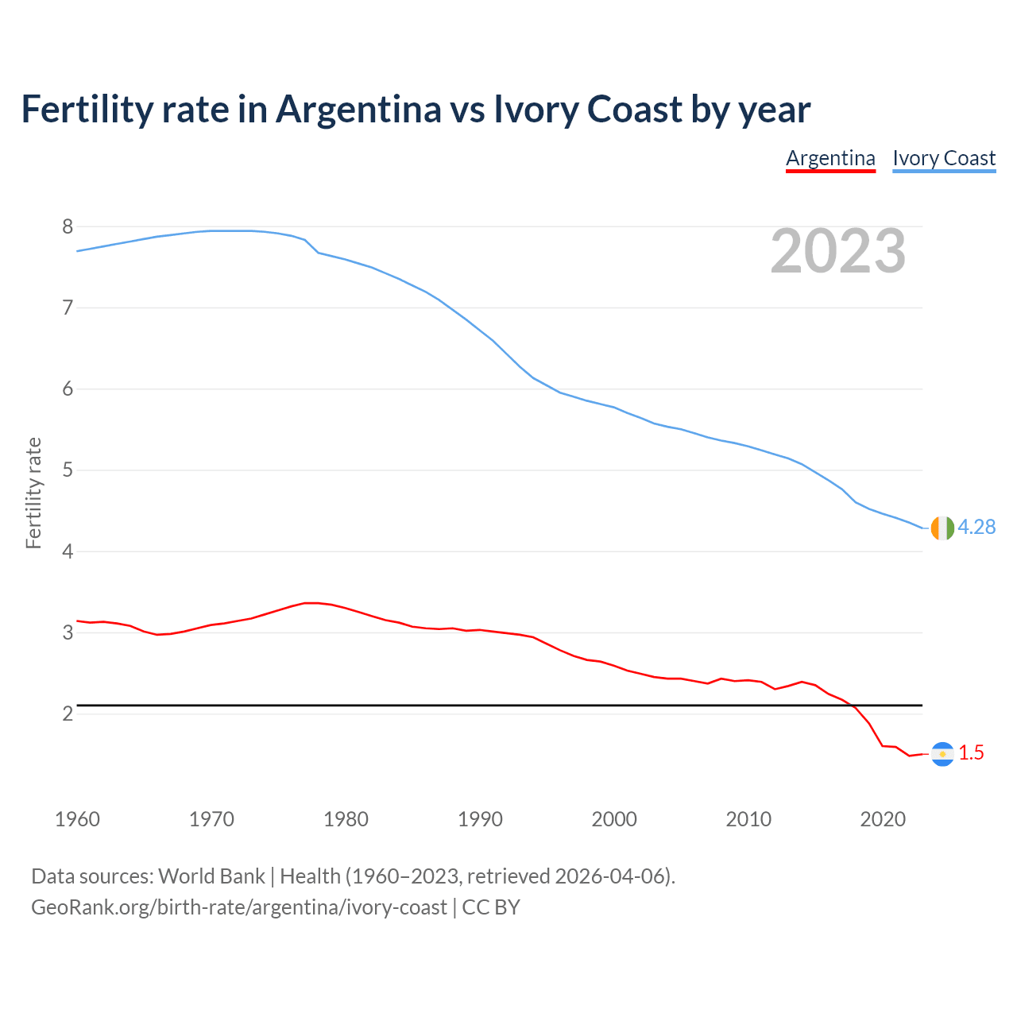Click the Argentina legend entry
click(830, 158)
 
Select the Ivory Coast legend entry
click(944, 158)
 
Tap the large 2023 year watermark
click(838, 251)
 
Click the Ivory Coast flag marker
click(942, 528)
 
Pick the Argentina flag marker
click(942, 753)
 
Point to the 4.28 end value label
click(976, 528)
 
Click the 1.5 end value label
click(971, 753)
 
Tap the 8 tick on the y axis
click(68, 227)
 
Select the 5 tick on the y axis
click(68, 470)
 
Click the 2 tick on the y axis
click(68, 713)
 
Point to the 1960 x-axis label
click(77, 819)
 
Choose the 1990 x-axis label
click(480, 819)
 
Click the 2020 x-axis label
click(883, 819)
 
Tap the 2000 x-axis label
click(614, 819)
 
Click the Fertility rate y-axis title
click(33, 493)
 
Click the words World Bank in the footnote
click(211, 876)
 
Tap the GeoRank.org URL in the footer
click(238, 907)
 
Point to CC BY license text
click(491, 907)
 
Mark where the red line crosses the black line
click(853, 705)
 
